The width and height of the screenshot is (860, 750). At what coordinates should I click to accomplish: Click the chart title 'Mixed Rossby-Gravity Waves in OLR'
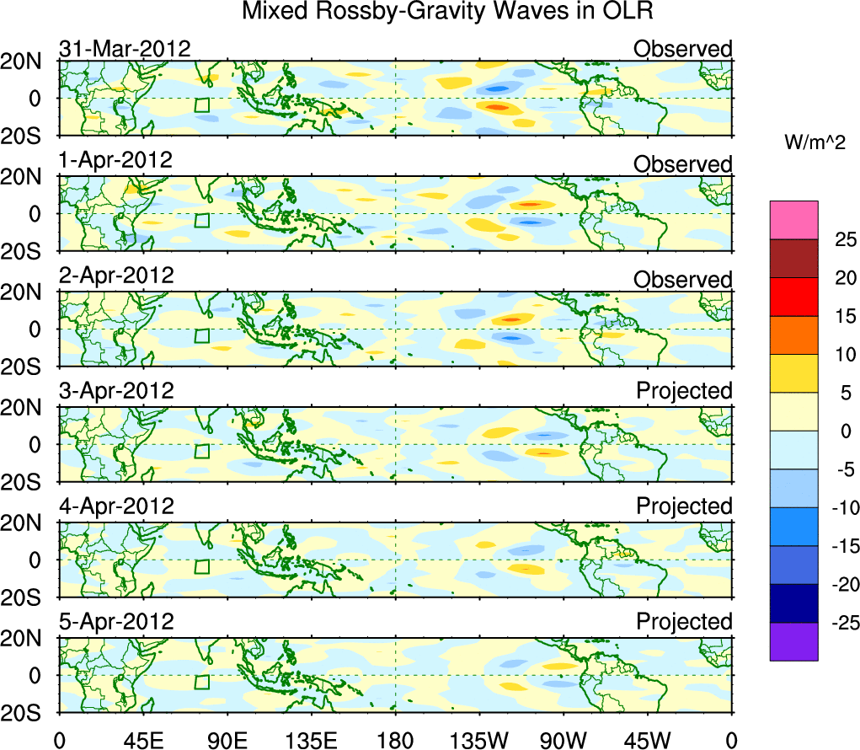447,13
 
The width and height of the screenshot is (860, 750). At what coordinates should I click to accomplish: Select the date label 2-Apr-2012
116,276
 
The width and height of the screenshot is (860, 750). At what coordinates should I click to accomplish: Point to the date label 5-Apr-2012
116,622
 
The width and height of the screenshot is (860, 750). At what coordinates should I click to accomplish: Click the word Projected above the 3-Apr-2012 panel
684,391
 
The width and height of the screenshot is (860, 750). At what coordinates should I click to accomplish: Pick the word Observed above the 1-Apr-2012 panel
683,164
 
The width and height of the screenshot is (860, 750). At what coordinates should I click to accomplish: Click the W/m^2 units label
815,144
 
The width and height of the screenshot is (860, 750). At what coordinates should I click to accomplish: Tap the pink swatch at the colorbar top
793,220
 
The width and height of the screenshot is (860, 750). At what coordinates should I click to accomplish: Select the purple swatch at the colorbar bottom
793,641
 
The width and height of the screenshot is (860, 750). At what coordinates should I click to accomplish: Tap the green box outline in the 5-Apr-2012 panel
201,682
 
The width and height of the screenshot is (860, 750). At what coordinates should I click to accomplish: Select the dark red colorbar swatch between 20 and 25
793,259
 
